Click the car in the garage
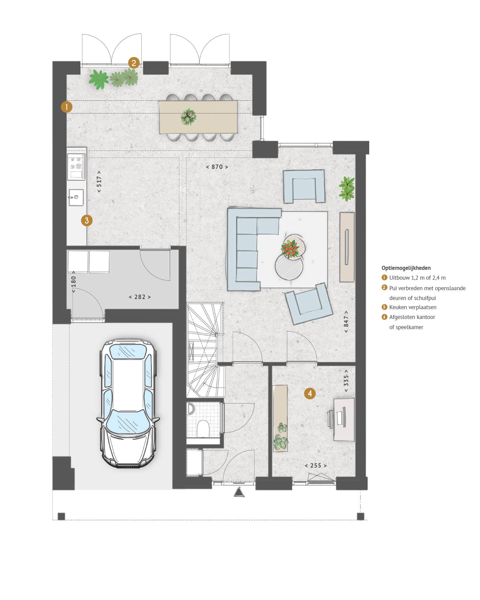(128, 403)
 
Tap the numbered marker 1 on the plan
(67, 107)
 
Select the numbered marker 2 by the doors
(134, 63)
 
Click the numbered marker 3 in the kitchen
(87, 220)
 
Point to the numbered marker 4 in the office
(310, 393)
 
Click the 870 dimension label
(217, 167)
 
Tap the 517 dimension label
(99, 182)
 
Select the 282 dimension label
(140, 297)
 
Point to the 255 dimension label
(316, 466)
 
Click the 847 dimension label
(346, 321)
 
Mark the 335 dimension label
(346, 381)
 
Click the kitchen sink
(76, 197)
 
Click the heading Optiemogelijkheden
(406, 268)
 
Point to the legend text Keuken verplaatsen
(413, 307)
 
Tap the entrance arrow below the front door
(239, 492)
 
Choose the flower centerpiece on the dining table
(189, 117)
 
